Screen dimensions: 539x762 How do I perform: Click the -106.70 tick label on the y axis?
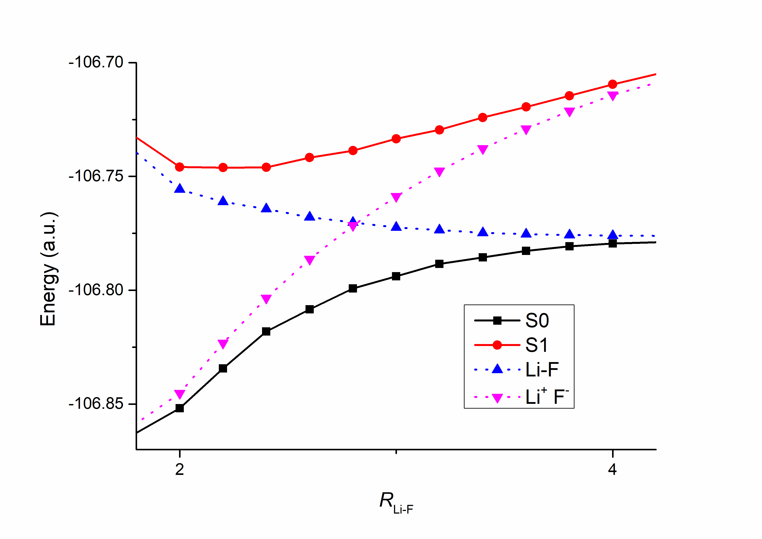pyautogui.click(x=96, y=62)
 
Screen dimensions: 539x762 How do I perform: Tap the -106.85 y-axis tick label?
pyautogui.click(x=96, y=404)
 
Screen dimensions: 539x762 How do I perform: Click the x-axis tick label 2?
pyautogui.click(x=179, y=469)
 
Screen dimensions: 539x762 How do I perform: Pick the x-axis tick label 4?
pyautogui.click(x=612, y=469)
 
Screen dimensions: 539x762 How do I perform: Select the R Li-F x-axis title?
pyautogui.click(x=396, y=502)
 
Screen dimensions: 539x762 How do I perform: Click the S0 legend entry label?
pyautogui.click(x=537, y=321)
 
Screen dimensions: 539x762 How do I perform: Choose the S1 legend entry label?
pyautogui.click(x=536, y=345)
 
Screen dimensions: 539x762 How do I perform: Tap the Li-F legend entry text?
pyautogui.click(x=542, y=369)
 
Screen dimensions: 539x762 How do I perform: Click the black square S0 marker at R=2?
pyautogui.click(x=179, y=408)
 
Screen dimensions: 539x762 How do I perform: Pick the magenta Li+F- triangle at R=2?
pyautogui.click(x=179, y=394)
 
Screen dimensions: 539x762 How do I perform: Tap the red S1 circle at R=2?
pyautogui.click(x=179, y=167)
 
